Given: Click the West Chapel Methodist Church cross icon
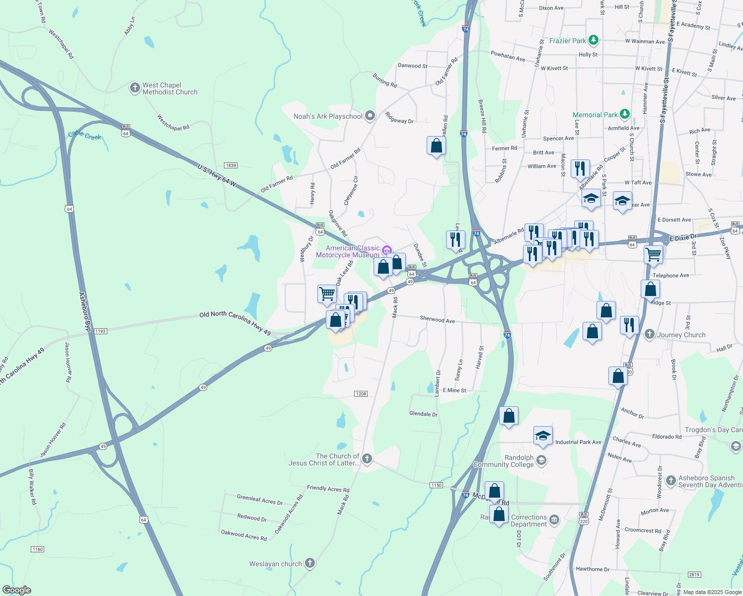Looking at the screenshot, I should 135,88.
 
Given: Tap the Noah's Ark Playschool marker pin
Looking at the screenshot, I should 370,116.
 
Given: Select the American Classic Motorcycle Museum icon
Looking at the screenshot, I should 387,249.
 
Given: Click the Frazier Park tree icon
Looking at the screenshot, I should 593,40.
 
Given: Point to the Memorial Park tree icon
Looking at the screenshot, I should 624,114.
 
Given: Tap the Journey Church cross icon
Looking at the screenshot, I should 649,334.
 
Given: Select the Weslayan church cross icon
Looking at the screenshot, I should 310,563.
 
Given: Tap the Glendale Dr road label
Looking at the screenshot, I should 423,414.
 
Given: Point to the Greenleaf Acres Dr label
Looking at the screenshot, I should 259,499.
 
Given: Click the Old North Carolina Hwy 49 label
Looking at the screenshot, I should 235,323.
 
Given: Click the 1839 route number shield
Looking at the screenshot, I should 230,165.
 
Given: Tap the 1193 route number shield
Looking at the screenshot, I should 100,331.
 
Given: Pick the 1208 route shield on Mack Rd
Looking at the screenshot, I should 361,394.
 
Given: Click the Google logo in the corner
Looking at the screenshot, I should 17,590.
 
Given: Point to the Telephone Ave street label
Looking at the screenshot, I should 670,276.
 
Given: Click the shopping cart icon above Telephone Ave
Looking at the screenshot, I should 653,254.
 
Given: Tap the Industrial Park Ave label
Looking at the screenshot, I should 578,442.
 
